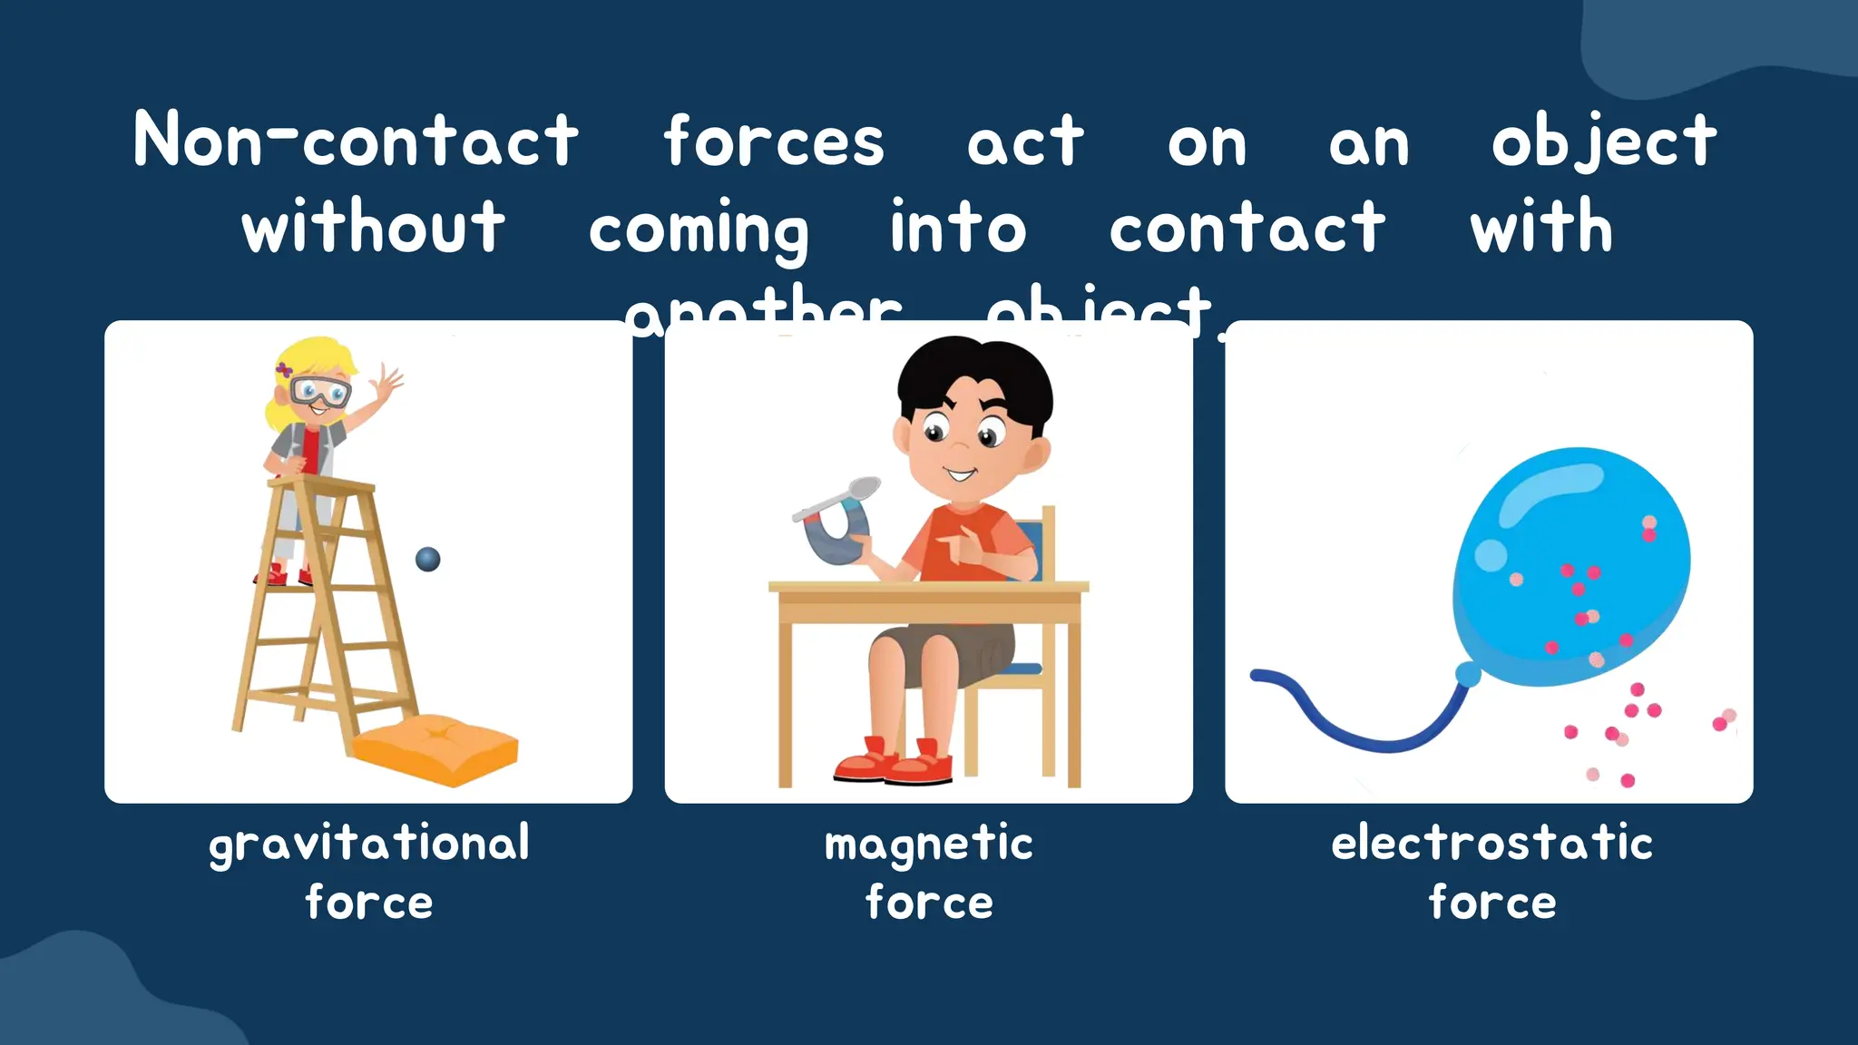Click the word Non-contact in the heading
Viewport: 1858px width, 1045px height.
click(356, 141)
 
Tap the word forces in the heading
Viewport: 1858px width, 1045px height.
click(773, 142)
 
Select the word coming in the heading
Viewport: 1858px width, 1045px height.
click(698, 229)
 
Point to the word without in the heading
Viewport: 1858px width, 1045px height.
click(373, 227)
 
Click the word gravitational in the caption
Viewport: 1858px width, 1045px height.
click(369, 844)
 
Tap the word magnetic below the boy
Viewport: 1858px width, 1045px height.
click(928, 845)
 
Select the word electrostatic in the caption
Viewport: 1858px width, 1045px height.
click(1491, 843)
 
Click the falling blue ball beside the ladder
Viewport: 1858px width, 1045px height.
click(427, 559)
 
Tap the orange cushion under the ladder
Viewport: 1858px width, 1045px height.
click(435, 746)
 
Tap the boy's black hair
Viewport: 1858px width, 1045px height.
click(975, 372)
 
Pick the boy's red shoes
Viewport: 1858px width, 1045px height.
click(894, 764)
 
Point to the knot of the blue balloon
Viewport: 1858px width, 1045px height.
click(1467, 674)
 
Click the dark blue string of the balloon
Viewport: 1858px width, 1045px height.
click(1361, 730)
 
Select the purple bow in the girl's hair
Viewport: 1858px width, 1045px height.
click(285, 369)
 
